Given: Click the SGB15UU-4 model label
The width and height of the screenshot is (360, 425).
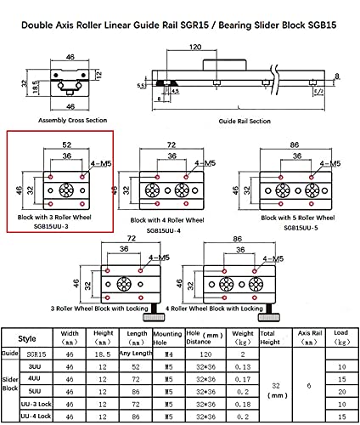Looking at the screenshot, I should click(x=165, y=229).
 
